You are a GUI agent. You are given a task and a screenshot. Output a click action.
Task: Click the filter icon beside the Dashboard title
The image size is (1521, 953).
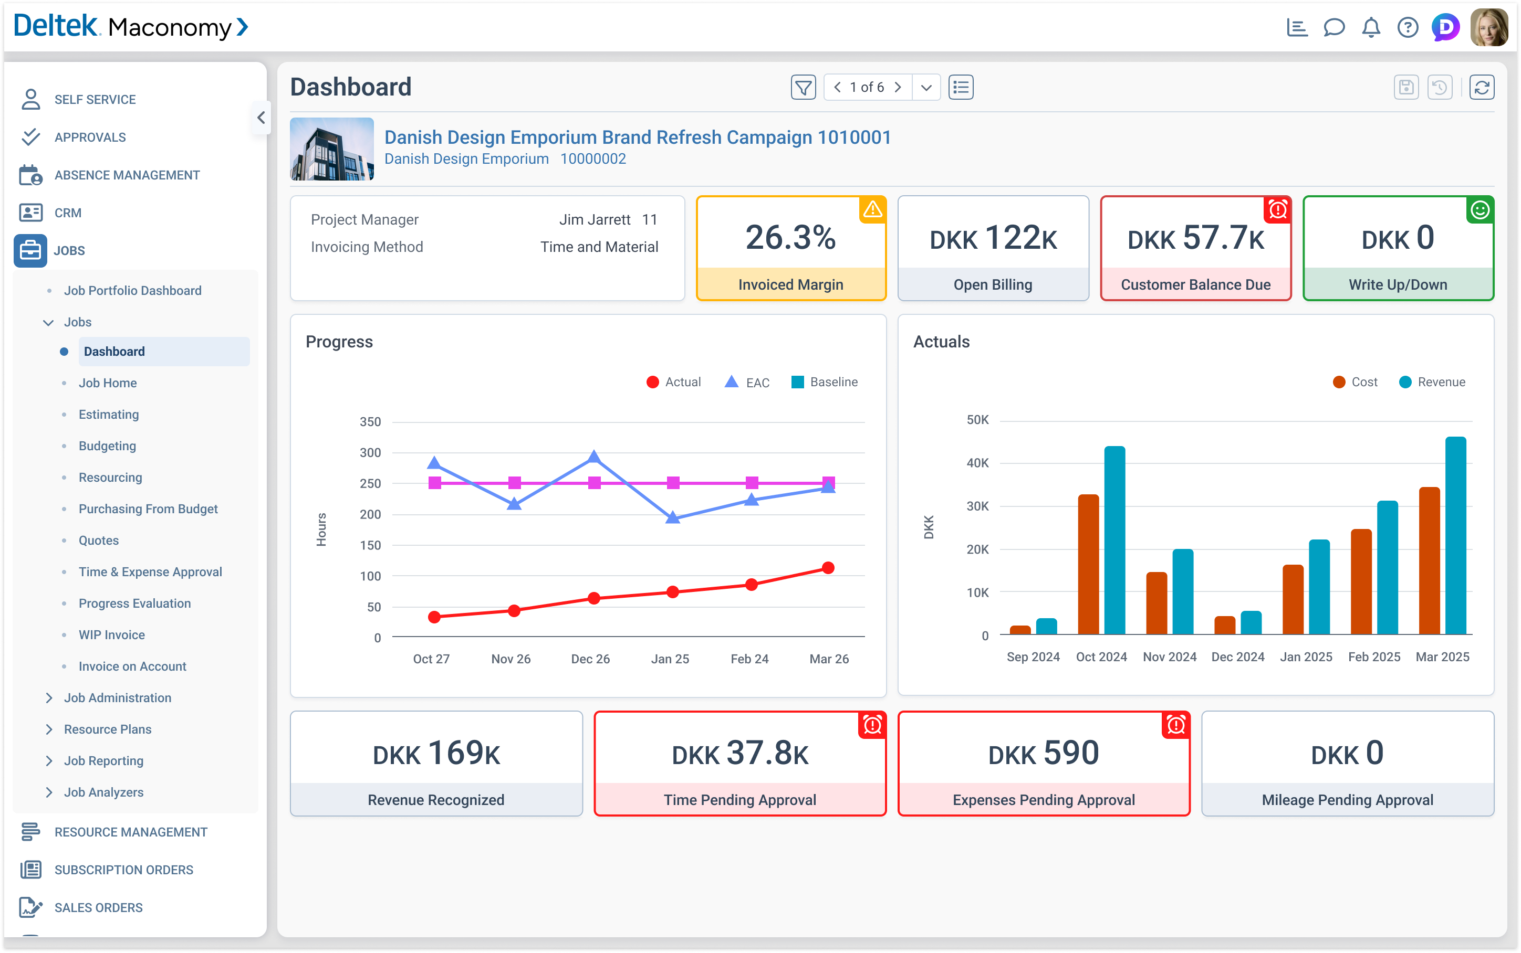pos(803,87)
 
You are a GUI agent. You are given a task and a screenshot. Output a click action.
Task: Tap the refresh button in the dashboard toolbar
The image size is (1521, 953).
pos(1481,87)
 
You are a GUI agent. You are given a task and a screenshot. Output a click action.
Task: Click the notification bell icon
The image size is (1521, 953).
pos(1371,28)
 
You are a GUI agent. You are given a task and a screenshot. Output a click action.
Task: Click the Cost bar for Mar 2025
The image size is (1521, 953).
pos(1429,560)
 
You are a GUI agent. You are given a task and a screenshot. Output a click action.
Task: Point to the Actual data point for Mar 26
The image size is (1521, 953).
pos(828,568)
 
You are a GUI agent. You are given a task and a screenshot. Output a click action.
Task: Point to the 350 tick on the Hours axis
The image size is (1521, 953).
pos(370,422)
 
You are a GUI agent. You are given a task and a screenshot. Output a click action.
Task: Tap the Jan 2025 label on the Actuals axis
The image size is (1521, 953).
pos(1306,657)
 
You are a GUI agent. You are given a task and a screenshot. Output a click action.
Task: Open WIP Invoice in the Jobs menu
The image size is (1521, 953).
pos(112,634)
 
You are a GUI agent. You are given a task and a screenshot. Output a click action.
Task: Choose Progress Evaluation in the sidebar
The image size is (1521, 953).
pos(134,603)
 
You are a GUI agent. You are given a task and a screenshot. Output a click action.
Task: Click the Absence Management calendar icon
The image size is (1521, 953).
pos(30,175)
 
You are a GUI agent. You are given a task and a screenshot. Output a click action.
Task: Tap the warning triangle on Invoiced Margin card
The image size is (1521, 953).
pos(872,209)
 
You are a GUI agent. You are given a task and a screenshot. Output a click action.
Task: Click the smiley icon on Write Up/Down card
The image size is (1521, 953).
pos(1480,210)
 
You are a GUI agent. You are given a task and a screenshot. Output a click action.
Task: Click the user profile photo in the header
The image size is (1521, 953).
pos(1489,28)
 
